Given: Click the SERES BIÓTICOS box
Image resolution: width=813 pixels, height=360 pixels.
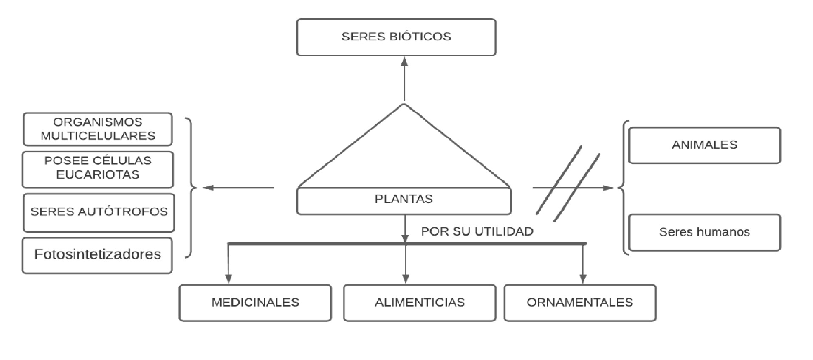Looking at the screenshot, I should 396,37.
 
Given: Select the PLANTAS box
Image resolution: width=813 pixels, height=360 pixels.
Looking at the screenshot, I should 404,201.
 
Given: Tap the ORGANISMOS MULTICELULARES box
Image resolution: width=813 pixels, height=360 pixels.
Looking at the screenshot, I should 98,129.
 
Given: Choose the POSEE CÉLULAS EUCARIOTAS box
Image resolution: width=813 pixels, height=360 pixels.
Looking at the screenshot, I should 98,169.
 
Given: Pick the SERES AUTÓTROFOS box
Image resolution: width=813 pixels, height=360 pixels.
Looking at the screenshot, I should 99,212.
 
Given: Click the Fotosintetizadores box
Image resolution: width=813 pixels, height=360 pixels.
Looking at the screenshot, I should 97,255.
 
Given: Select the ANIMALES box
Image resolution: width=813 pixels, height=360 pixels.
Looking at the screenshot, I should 704,145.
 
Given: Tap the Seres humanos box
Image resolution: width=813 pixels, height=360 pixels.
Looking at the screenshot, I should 704,232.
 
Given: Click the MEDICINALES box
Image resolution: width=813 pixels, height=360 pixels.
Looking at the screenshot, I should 255,303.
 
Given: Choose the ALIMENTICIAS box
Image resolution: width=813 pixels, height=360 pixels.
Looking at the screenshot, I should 420,303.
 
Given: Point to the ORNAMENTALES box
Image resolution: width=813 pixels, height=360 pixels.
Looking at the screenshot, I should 580,303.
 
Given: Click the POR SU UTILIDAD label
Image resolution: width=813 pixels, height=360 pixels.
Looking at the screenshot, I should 477,231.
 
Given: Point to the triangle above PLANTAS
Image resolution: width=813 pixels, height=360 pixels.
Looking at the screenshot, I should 404,153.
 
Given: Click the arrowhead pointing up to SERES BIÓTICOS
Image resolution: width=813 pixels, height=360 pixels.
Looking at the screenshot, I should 404,62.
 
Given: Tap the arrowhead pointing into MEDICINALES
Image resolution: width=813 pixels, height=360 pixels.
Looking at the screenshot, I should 229,278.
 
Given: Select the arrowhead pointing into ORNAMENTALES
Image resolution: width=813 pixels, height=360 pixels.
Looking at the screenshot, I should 583,278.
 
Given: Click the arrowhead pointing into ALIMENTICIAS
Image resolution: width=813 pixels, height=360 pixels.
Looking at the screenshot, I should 406,278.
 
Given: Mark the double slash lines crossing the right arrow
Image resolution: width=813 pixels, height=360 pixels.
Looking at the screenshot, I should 568,183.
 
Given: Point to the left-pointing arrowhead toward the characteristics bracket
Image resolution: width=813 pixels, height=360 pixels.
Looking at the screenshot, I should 207,187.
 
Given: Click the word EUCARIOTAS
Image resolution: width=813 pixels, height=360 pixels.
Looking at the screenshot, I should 98,175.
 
